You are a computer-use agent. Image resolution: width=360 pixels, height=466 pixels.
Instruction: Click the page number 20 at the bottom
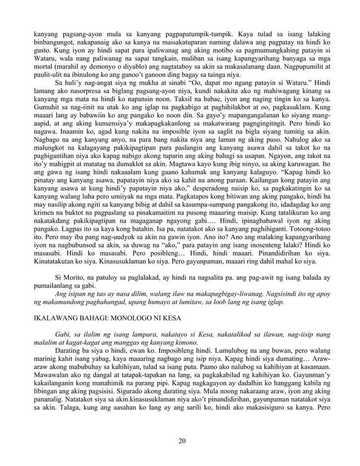[180, 441]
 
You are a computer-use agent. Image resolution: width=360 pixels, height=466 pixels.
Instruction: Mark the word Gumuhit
[47, 114]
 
